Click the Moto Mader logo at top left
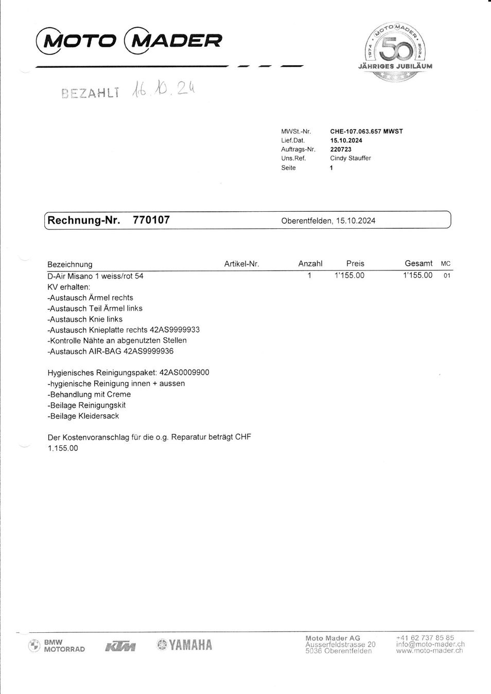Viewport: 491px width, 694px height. [x=129, y=41]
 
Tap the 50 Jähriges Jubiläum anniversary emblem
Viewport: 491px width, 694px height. [x=395, y=51]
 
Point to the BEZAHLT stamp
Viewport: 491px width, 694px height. [x=90, y=93]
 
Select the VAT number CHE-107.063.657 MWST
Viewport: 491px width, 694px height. [x=366, y=132]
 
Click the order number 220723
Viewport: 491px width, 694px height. [x=341, y=150]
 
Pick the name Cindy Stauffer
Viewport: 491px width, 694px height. [x=350, y=158]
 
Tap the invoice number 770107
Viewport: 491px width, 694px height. [x=151, y=220]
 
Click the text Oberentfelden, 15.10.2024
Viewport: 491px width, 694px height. [x=328, y=221]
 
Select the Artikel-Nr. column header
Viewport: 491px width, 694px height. [x=241, y=264]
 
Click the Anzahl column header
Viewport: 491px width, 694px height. [x=310, y=264]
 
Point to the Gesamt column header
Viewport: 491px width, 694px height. [x=418, y=264]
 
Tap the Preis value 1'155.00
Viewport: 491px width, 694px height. [x=349, y=276]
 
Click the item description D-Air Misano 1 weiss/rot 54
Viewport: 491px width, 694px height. [x=95, y=276]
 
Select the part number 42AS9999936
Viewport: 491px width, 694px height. [x=148, y=352]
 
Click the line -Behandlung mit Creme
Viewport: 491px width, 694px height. [x=89, y=394]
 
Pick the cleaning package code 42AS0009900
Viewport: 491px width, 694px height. [x=184, y=373]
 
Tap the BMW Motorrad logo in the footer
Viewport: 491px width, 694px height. [x=57, y=646]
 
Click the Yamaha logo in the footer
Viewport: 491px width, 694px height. [x=185, y=645]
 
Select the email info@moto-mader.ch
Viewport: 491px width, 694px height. [x=430, y=644]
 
